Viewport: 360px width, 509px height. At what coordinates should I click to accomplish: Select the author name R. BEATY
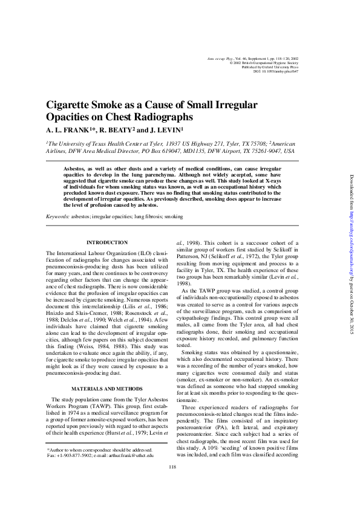point(115,130)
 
